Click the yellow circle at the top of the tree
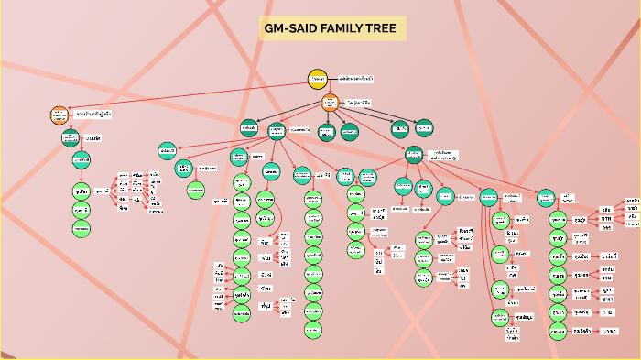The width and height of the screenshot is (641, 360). click(318, 80)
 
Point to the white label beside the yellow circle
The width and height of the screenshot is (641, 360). click(355, 80)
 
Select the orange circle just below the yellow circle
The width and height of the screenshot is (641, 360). click(330, 104)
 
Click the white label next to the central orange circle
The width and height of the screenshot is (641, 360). click(360, 104)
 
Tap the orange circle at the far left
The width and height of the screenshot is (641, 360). click(60, 115)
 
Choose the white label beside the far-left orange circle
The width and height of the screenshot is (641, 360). click(93, 115)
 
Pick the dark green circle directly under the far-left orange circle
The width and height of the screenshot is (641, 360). click(71, 137)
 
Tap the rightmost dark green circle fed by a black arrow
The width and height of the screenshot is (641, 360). click(424, 128)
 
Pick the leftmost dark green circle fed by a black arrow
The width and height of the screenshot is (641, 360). click(249, 128)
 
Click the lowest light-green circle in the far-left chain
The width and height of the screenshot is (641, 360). click(81, 228)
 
